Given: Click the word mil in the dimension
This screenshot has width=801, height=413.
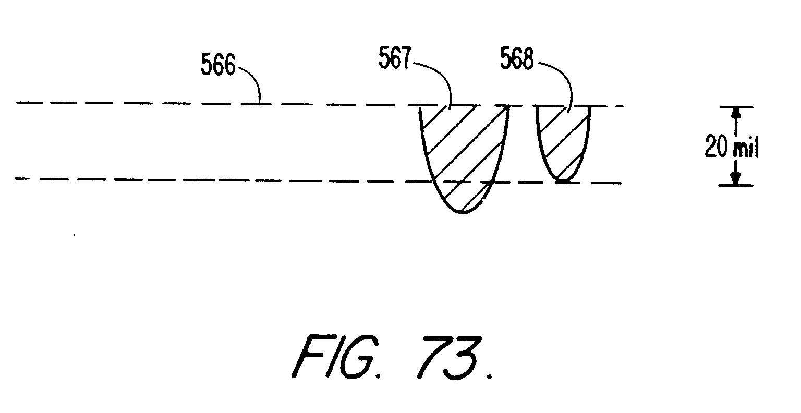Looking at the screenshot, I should (745, 150).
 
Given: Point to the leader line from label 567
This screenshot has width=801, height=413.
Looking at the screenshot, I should (438, 78).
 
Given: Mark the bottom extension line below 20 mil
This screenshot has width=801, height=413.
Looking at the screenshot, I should (736, 185).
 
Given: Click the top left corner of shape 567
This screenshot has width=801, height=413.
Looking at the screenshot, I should (420, 106).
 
